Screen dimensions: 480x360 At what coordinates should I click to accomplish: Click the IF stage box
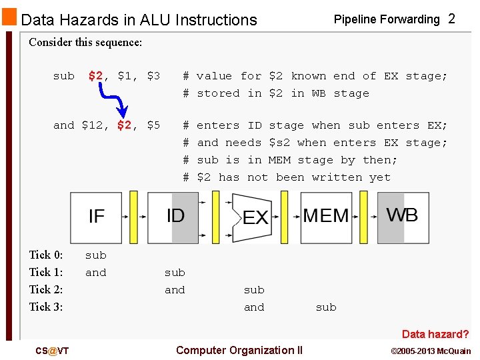[97, 217]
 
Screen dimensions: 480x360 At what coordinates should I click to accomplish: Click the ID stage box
[173, 217]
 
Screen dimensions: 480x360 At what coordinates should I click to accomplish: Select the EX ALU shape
[251, 217]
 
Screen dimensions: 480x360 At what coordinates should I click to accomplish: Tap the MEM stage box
[326, 217]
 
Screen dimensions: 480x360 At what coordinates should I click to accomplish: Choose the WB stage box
[403, 217]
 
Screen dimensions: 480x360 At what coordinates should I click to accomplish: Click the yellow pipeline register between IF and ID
[133, 217]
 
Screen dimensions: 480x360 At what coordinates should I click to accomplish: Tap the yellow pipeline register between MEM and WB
[363, 217]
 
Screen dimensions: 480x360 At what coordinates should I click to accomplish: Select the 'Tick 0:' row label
[46, 255]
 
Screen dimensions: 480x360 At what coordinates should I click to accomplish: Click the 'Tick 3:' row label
[46, 307]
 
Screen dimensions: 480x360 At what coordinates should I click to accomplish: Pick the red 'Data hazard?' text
[435, 334]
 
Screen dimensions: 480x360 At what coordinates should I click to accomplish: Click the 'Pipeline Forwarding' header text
[387, 19]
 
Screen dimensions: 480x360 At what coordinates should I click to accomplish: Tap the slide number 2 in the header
[451, 19]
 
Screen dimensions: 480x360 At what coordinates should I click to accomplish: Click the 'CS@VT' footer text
[53, 351]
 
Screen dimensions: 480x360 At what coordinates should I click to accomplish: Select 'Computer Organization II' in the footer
[239, 350]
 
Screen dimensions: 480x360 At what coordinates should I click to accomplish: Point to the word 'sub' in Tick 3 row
[326, 307]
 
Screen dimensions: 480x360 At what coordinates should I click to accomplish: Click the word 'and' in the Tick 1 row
[96, 272]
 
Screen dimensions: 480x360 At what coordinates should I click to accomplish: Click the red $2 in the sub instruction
[95, 76]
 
